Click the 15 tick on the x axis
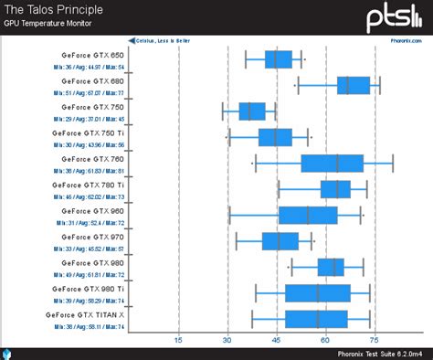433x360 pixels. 178,339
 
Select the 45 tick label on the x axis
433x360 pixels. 276,339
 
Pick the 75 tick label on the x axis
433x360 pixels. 375,339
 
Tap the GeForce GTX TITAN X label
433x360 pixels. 85,314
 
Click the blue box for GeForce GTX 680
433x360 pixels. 354,85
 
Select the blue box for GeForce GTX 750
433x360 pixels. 252,111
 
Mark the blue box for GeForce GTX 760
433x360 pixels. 333,164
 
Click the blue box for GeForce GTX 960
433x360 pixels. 308,215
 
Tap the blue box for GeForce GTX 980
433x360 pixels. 332,267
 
